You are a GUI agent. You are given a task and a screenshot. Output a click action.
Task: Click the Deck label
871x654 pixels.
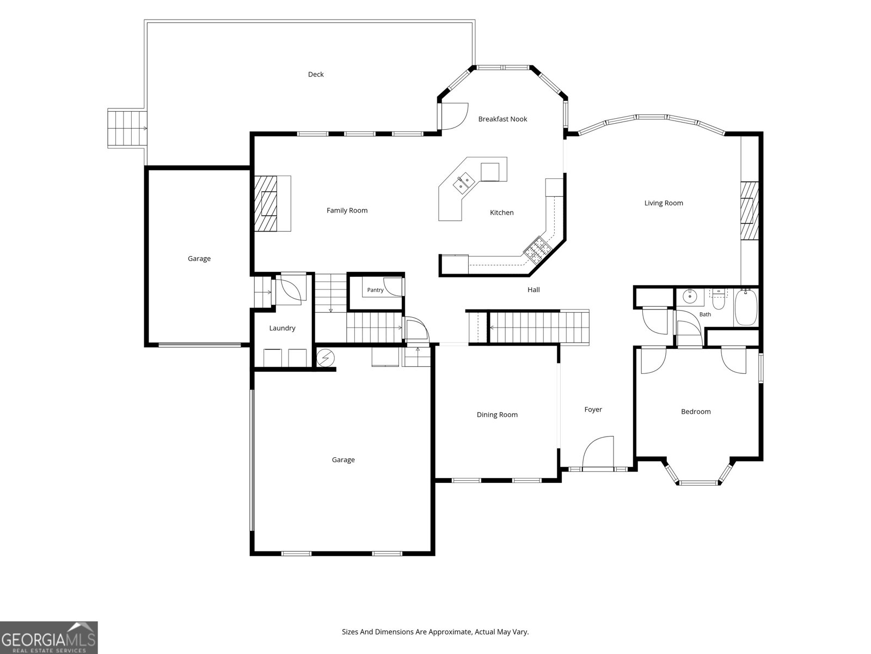tap(316, 74)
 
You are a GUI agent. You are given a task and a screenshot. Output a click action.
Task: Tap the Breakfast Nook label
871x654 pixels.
tap(502, 119)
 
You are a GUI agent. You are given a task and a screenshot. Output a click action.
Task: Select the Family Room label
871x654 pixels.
tap(347, 210)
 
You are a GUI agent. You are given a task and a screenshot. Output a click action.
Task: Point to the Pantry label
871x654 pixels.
tap(376, 290)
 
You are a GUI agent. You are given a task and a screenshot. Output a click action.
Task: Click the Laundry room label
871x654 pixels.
tap(282, 328)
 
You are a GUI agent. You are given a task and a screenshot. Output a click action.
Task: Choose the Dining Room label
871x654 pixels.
tap(497, 415)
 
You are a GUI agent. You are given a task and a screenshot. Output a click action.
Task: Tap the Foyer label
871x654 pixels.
tap(593, 409)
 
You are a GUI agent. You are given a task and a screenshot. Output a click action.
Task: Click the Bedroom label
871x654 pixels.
tap(696, 412)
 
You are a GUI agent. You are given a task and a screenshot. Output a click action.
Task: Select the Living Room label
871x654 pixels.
tap(664, 203)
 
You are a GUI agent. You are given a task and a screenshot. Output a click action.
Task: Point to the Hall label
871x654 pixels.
tap(533, 290)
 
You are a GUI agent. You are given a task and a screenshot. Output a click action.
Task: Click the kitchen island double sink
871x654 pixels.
tap(464, 183)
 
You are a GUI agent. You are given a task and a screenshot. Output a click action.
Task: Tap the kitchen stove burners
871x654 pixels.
tap(538, 250)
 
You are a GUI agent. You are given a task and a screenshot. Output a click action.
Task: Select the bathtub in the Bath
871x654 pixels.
tap(746, 307)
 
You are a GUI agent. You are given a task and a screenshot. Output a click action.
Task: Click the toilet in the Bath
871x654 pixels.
tap(718, 300)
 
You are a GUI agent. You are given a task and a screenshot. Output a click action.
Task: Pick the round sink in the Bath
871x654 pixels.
tap(690, 296)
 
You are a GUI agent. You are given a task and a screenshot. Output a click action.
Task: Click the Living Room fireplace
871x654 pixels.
tap(750, 210)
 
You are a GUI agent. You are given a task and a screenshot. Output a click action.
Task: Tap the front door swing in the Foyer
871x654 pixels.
tap(598, 453)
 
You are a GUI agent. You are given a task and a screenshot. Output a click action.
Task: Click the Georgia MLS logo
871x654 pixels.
tap(49, 638)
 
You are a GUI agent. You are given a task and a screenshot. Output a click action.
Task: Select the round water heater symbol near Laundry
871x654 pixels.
tap(326, 358)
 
